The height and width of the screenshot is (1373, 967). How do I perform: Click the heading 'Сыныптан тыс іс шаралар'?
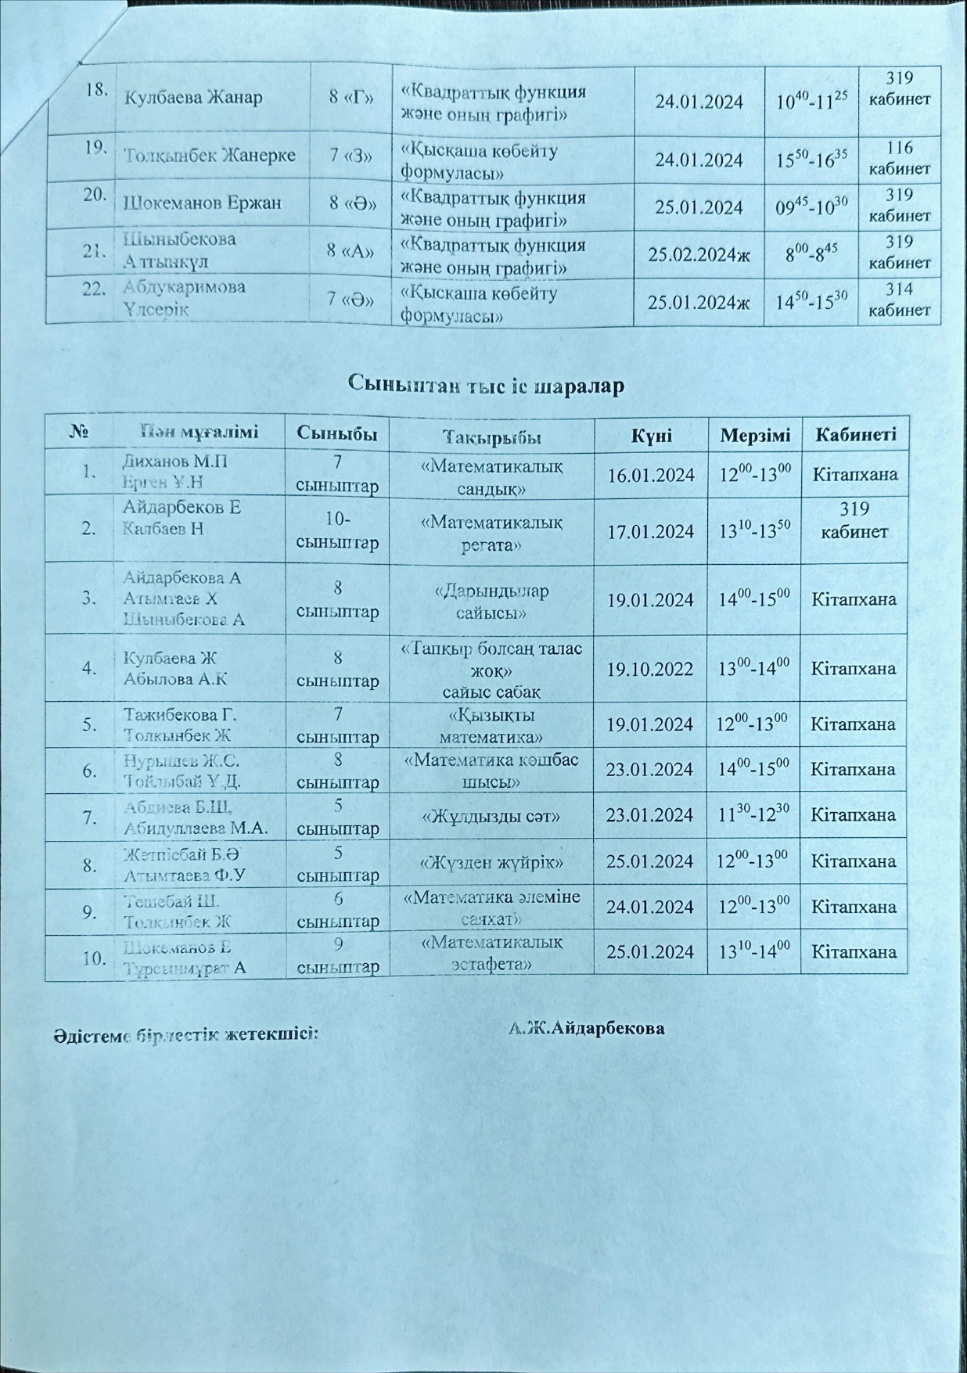pos(485,385)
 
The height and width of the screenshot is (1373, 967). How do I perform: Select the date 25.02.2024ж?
pos(699,254)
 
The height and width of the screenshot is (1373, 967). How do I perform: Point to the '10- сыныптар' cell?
pos(338,530)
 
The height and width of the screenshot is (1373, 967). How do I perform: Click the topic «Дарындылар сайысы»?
pos(491,601)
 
